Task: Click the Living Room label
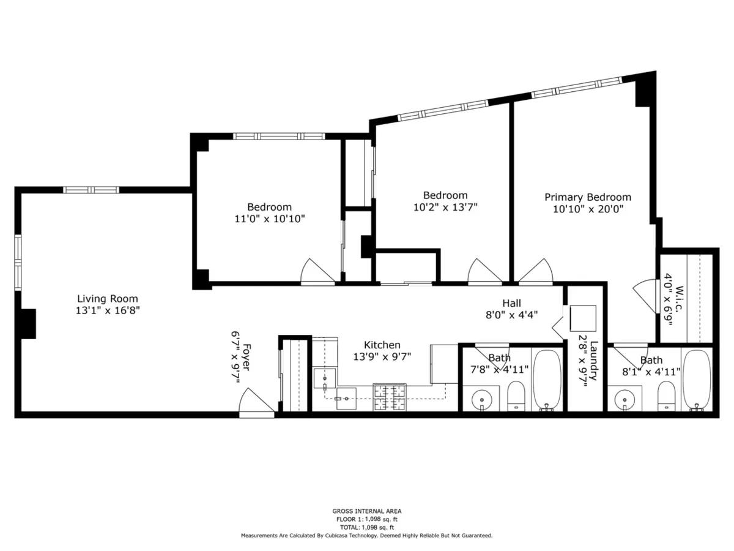point(108,299)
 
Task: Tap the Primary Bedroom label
point(588,197)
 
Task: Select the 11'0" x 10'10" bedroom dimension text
point(269,219)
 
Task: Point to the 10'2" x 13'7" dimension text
point(445,207)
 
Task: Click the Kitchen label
point(382,345)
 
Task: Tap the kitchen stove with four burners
point(390,397)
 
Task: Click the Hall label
point(511,303)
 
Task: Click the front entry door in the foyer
point(256,407)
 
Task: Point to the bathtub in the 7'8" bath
point(547,380)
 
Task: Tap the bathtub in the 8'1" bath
point(696,380)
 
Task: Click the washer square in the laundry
point(583,318)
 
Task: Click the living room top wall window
point(92,190)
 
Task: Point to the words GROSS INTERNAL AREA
point(367,511)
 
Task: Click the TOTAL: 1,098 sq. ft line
point(367,527)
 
